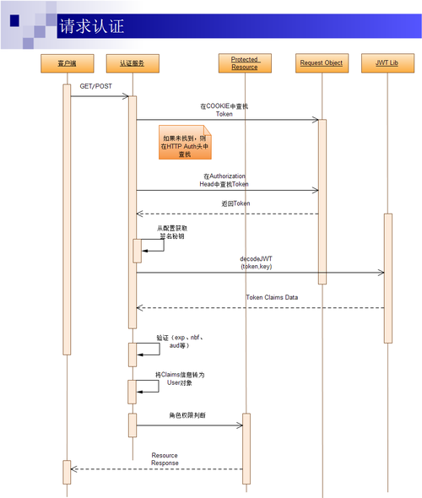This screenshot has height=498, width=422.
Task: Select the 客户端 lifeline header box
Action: coord(68,63)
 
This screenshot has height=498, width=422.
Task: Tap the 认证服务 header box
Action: coord(133,63)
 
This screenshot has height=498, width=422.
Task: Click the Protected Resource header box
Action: coord(244,63)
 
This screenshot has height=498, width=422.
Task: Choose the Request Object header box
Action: coord(321,63)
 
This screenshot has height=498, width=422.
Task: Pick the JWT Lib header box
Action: coord(387,63)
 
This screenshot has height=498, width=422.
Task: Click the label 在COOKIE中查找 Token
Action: coord(224,110)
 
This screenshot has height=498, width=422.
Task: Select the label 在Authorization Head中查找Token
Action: coord(224,180)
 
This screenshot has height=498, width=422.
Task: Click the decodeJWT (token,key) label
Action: coord(256,262)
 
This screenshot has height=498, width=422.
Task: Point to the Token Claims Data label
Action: coord(272,298)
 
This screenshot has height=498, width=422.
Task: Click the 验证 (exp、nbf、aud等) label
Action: coord(179,341)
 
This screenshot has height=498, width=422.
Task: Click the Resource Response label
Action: coord(165,459)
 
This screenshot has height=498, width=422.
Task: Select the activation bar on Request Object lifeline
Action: coord(322,203)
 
